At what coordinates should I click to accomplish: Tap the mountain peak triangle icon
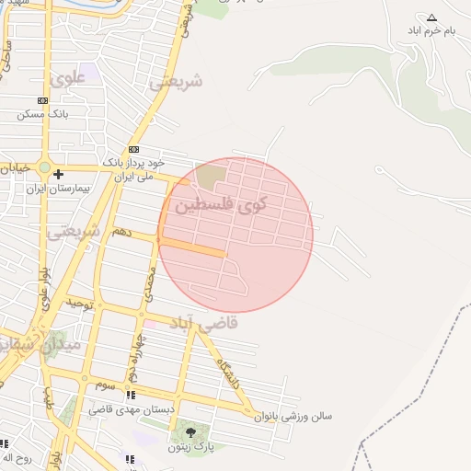coord(431,17)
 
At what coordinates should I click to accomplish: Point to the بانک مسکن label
coord(43,114)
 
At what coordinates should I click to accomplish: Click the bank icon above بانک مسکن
coord(42,100)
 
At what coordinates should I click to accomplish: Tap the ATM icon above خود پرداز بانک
coord(134,149)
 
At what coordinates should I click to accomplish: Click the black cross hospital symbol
coord(58,173)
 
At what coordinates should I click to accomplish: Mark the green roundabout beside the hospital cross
coord(44,168)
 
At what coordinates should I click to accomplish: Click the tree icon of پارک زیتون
coord(190,431)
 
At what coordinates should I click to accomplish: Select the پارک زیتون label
coord(191,447)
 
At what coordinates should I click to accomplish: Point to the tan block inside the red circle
coord(211,173)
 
